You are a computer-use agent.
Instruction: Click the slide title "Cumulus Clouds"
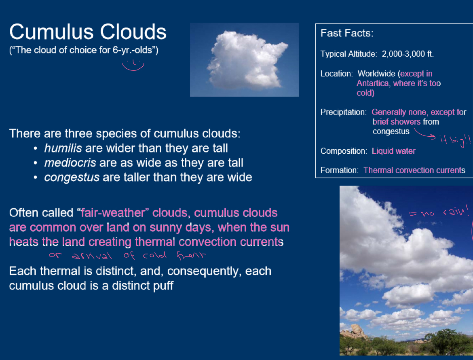coord(88,32)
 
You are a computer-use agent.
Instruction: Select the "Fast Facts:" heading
coord(347,34)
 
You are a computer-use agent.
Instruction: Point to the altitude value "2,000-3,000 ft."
coord(408,54)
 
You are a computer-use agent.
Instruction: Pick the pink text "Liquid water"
coord(393,151)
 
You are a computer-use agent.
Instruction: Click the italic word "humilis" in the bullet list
coord(63,148)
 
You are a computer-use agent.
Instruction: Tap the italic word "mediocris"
coord(70,163)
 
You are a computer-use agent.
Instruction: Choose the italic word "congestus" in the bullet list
coord(72,177)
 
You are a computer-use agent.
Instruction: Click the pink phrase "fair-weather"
coord(113,213)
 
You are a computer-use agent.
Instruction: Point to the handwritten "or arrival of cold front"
coord(127,256)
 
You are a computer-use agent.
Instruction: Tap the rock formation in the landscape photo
coord(354,331)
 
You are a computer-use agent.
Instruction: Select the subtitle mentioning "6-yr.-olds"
coord(84,51)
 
